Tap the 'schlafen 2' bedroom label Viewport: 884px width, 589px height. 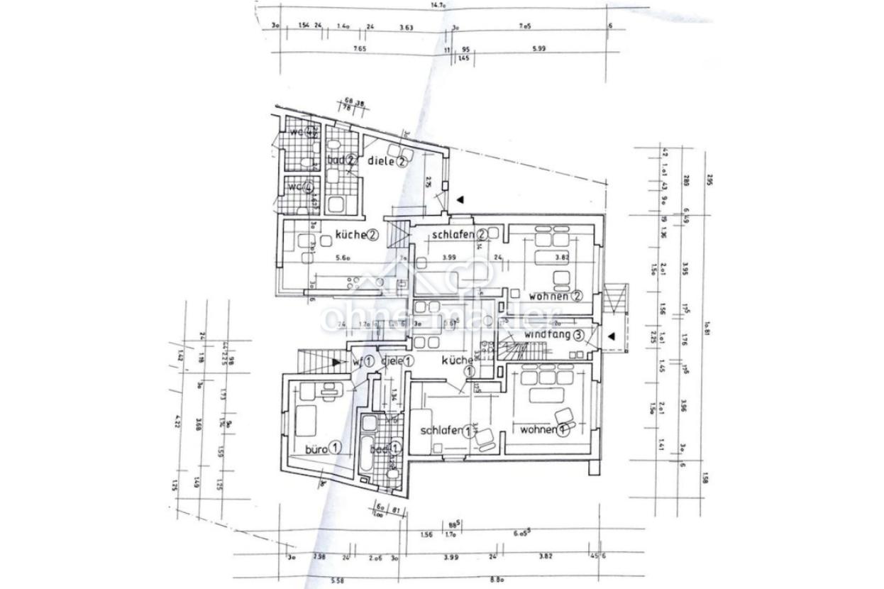[458, 234]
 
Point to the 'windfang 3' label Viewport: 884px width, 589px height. [554, 335]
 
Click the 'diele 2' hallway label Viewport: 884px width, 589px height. [387, 161]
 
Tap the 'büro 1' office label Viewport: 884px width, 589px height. [324, 448]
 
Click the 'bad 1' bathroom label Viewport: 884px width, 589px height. [386, 448]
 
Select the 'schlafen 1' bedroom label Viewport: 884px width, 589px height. [448, 431]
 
